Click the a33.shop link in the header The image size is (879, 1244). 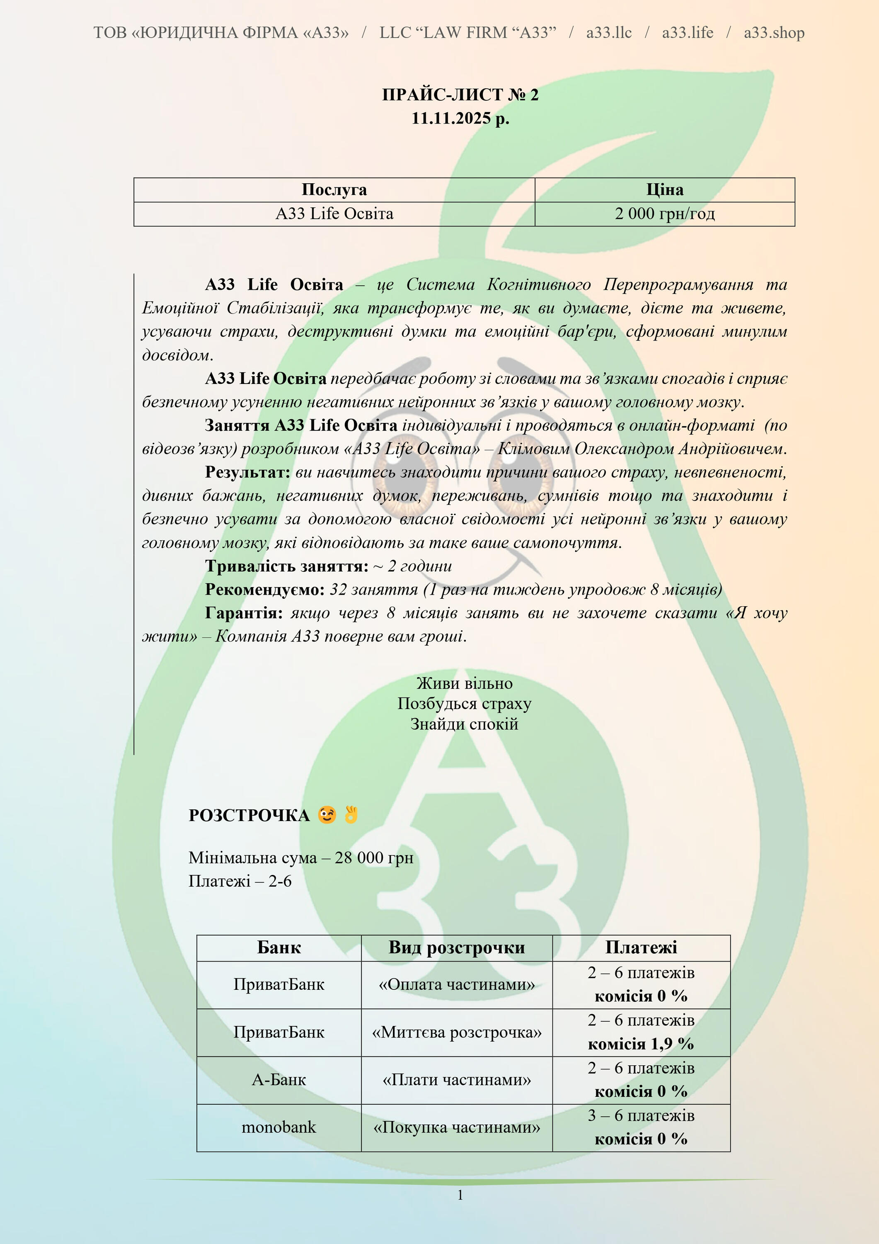[x=773, y=32]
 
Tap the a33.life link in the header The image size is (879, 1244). [x=687, y=32]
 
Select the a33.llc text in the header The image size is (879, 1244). [x=609, y=32]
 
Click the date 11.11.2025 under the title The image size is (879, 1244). [x=460, y=118]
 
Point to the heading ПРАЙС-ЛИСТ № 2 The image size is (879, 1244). [x=460, y=95]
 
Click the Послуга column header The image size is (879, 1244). [x=334, y=190]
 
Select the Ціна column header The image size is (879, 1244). [x=664, y=190]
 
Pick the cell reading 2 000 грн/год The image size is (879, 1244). [x=664, y=214]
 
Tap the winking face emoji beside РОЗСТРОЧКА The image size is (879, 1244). [x=327, y=815]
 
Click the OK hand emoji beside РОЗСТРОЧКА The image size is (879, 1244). [x=351, y=814]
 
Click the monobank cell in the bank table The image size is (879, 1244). [x=278, y=1127]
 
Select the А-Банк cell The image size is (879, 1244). [x=278, y=1080]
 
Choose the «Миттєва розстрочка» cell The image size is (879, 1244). [x=457, y=1032]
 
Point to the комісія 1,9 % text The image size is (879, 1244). [x=641, y=1044]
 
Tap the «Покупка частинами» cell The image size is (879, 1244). [x=457, y=1127]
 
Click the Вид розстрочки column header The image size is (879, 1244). [x=457, y=948]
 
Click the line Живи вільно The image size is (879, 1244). [x=464, y=683]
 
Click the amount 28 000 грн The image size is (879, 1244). [x=374, y=858]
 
